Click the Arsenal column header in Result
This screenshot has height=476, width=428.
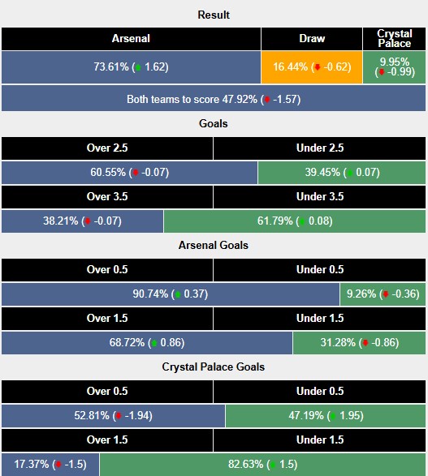131,39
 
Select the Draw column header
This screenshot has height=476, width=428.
312,39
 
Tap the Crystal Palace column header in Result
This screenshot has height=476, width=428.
395,39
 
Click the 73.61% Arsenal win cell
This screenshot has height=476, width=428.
131,67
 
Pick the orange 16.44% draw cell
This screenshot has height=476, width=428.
312,67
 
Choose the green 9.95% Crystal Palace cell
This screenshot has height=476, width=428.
395,67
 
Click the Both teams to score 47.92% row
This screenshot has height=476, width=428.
214,99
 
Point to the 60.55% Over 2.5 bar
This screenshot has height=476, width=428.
129,173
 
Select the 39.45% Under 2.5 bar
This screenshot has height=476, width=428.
342,173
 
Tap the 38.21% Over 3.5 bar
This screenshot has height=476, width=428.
82,221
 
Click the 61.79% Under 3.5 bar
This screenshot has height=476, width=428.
295,221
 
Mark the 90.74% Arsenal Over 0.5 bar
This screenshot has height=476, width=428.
171,294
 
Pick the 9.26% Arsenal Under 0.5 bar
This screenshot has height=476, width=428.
383,294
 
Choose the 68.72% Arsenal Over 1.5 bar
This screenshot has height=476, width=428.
147,343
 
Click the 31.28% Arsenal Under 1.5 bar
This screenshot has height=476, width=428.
360,343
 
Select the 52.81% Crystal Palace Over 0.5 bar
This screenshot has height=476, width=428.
113,416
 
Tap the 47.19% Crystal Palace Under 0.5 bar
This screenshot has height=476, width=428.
326,416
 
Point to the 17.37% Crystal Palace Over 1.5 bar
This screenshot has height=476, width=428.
50,465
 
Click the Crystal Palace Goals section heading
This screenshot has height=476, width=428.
214,367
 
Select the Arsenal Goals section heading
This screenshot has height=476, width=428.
214,245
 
